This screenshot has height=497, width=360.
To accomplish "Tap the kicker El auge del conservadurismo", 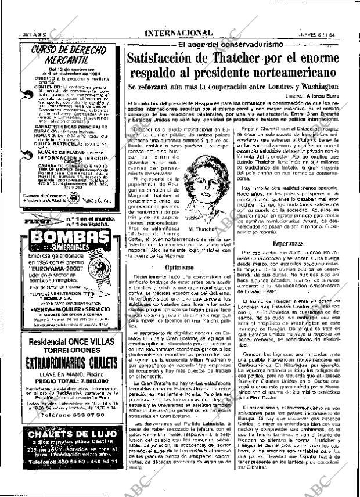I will [x=230, y=44].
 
